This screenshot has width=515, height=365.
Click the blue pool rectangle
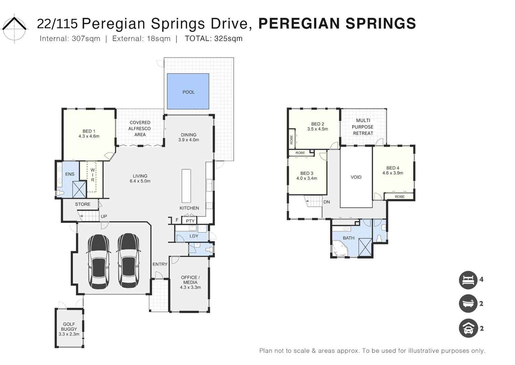click(x=188, y=92)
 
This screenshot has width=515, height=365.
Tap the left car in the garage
click(x=99, y=261)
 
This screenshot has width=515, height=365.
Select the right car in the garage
click(x=128, y=261)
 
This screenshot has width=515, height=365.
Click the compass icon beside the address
click(x=14, y=28)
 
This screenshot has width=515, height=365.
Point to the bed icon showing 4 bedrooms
click(x=468, y=280)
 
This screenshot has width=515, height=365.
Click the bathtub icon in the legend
click(x=468, y=304)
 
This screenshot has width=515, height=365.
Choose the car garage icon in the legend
click(x=468, y=328)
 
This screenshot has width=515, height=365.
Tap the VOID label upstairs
click(x=356, y=177)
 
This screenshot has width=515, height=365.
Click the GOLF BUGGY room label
click(x=69, y=327)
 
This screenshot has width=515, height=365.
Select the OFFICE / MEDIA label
click(x=190, y=280)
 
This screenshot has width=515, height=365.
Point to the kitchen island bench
click(x=186, y=186)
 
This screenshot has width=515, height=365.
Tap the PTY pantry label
click(x=190, y=221)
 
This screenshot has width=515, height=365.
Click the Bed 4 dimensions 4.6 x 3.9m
click(x=393, y=173)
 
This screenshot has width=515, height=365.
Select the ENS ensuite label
click(x=70, y=174)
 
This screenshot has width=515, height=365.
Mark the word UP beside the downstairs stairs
click(x=104, y=216)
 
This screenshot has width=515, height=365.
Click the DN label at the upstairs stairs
click(x=327, y=202)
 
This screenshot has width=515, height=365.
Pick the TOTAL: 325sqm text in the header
click(x=214, y=39)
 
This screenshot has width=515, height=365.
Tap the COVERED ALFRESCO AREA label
click(x=140, y=129)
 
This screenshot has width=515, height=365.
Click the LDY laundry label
click(x=194, y=236)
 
